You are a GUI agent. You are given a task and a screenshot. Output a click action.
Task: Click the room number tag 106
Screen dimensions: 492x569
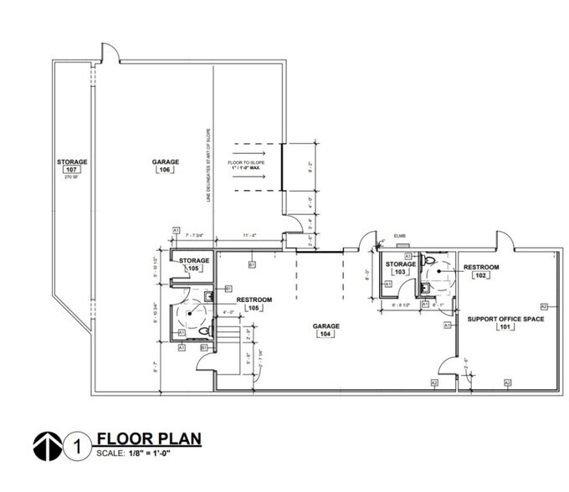163,170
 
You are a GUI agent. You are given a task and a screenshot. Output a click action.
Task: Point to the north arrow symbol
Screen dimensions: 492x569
48,444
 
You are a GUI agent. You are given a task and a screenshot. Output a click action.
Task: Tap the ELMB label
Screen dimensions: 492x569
400,237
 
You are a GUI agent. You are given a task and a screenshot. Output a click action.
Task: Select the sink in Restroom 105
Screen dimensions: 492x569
207,295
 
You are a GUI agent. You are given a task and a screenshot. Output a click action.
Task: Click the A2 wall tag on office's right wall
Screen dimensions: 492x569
544,306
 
